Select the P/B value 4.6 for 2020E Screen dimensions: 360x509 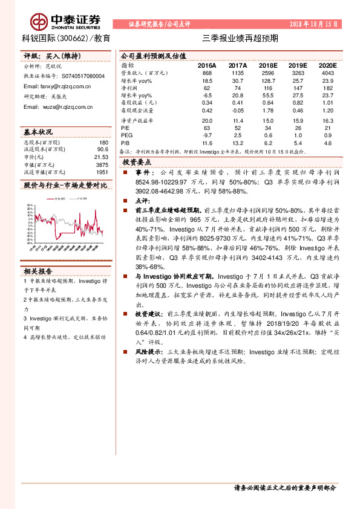[x=327, y=143]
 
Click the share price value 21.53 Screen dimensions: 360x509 [x=102, y=157]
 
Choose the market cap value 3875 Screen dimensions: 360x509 [x=102, y=164]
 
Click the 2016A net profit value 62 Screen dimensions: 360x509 [x=208, y=88]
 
